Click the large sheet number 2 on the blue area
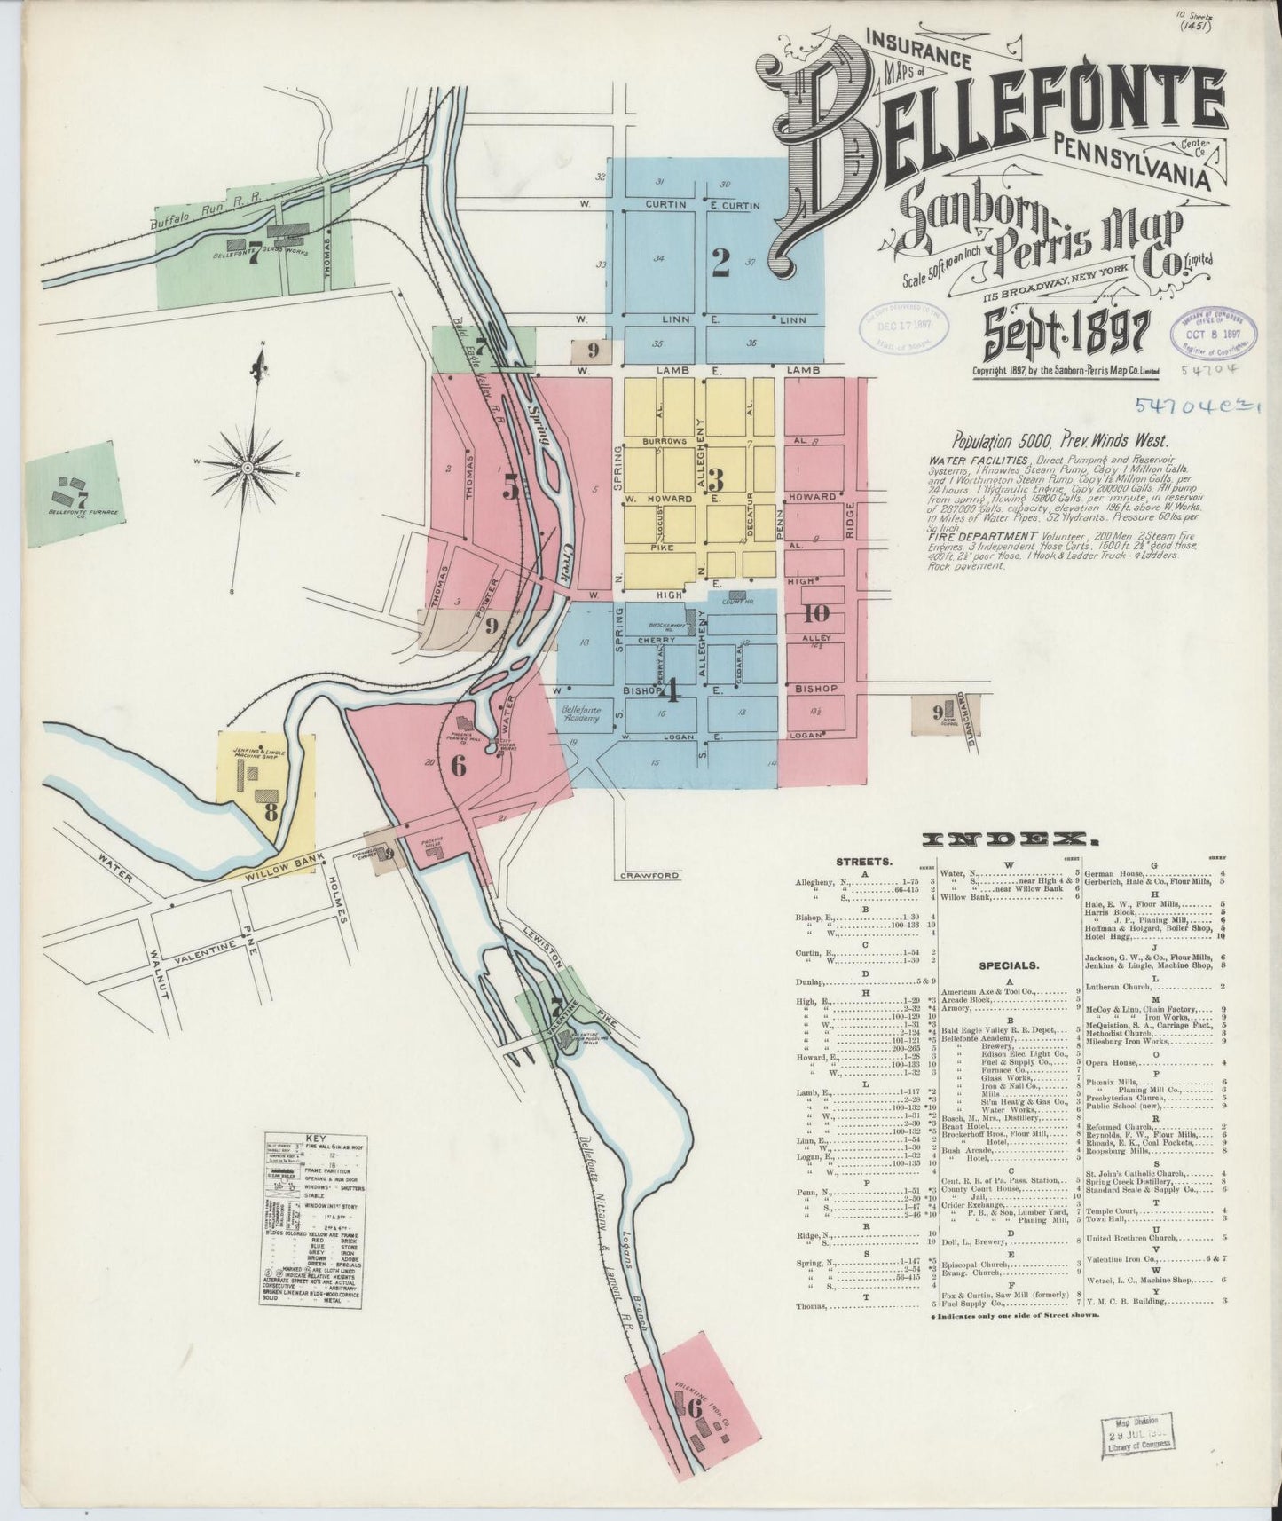pos(720,260)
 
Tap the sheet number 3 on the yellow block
pos(715,480)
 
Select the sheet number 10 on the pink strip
pos(816,611)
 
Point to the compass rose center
pos(248,467)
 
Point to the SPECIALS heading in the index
pos(1010,965)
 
